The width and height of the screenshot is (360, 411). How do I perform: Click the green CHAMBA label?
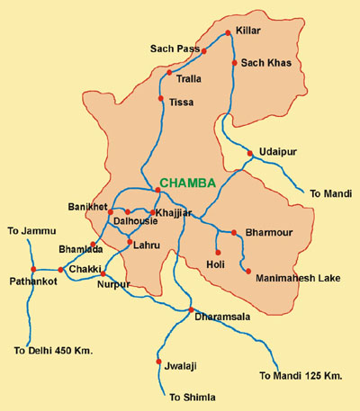click(x=187, y=183)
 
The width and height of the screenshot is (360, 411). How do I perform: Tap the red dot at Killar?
click(x=228, y=34)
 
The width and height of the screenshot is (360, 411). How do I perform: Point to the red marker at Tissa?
click(x=160, y=98)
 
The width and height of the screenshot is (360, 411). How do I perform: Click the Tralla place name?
click(x=189, y=78)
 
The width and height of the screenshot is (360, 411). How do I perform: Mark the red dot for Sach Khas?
click(x=235, y=63)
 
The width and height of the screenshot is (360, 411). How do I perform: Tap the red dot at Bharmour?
click(x=233, y=232)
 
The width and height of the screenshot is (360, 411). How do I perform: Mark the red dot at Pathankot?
click(x=32, y=269)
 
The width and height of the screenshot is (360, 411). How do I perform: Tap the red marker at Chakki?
click(x=61, y=269)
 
